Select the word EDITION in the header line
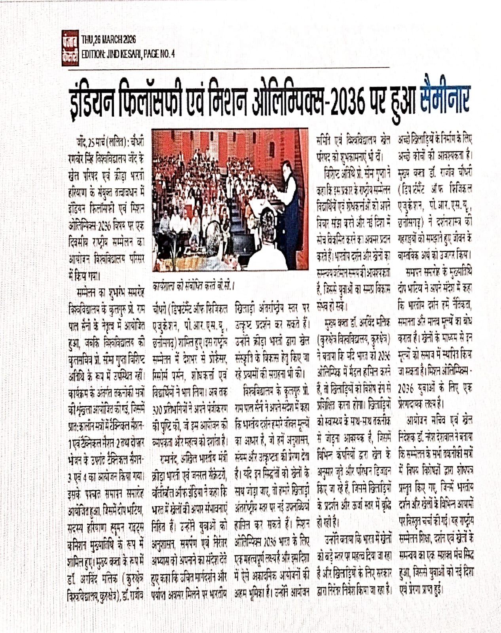click(x=93, y=54)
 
